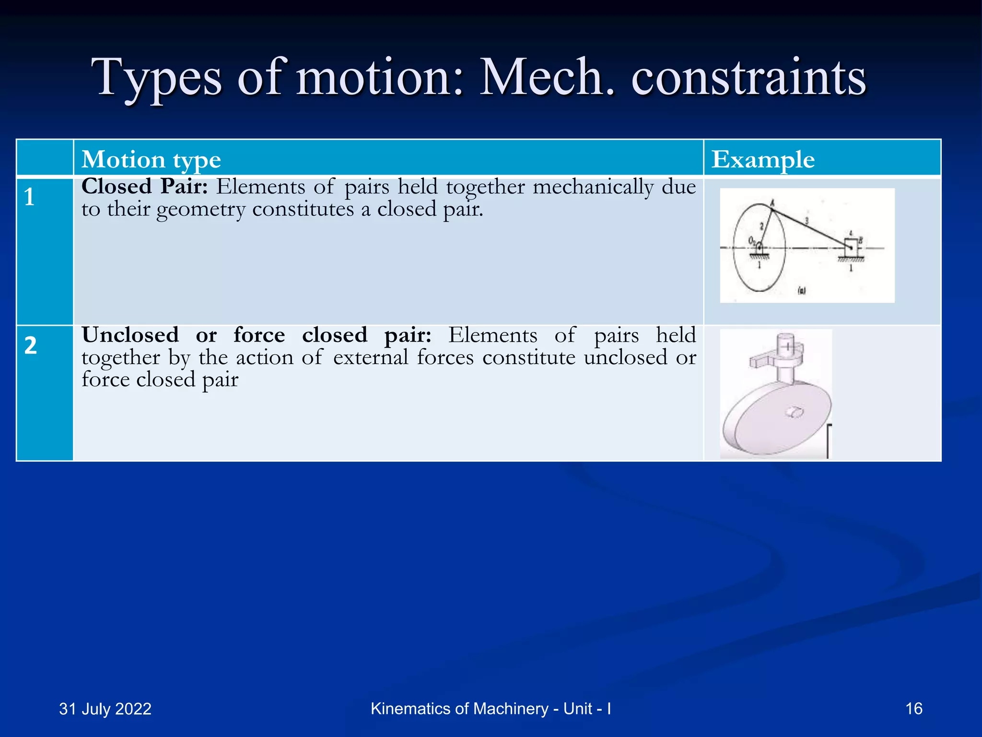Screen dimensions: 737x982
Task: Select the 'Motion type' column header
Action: click(x=151, y=159)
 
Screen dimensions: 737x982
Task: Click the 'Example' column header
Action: click(x=763, y=159)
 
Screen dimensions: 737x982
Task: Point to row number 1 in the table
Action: click(x=30, y=197)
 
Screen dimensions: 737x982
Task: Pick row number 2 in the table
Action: click(x=31, y=345)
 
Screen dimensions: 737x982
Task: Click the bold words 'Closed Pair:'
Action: click(x=144, y=187)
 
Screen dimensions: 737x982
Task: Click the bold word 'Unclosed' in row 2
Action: click(x=130, y=335)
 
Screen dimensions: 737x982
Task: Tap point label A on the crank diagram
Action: click(x=772, y=203)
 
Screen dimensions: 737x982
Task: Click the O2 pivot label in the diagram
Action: click(x=752, y=240)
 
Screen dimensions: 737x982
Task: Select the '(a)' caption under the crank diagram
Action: click(x=801, y=290)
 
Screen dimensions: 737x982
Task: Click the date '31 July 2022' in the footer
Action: click(x=105, y=709)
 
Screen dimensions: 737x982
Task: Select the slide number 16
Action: click(x=914, y=708)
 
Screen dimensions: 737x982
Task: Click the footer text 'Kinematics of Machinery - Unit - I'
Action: click(x=491, y=708)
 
